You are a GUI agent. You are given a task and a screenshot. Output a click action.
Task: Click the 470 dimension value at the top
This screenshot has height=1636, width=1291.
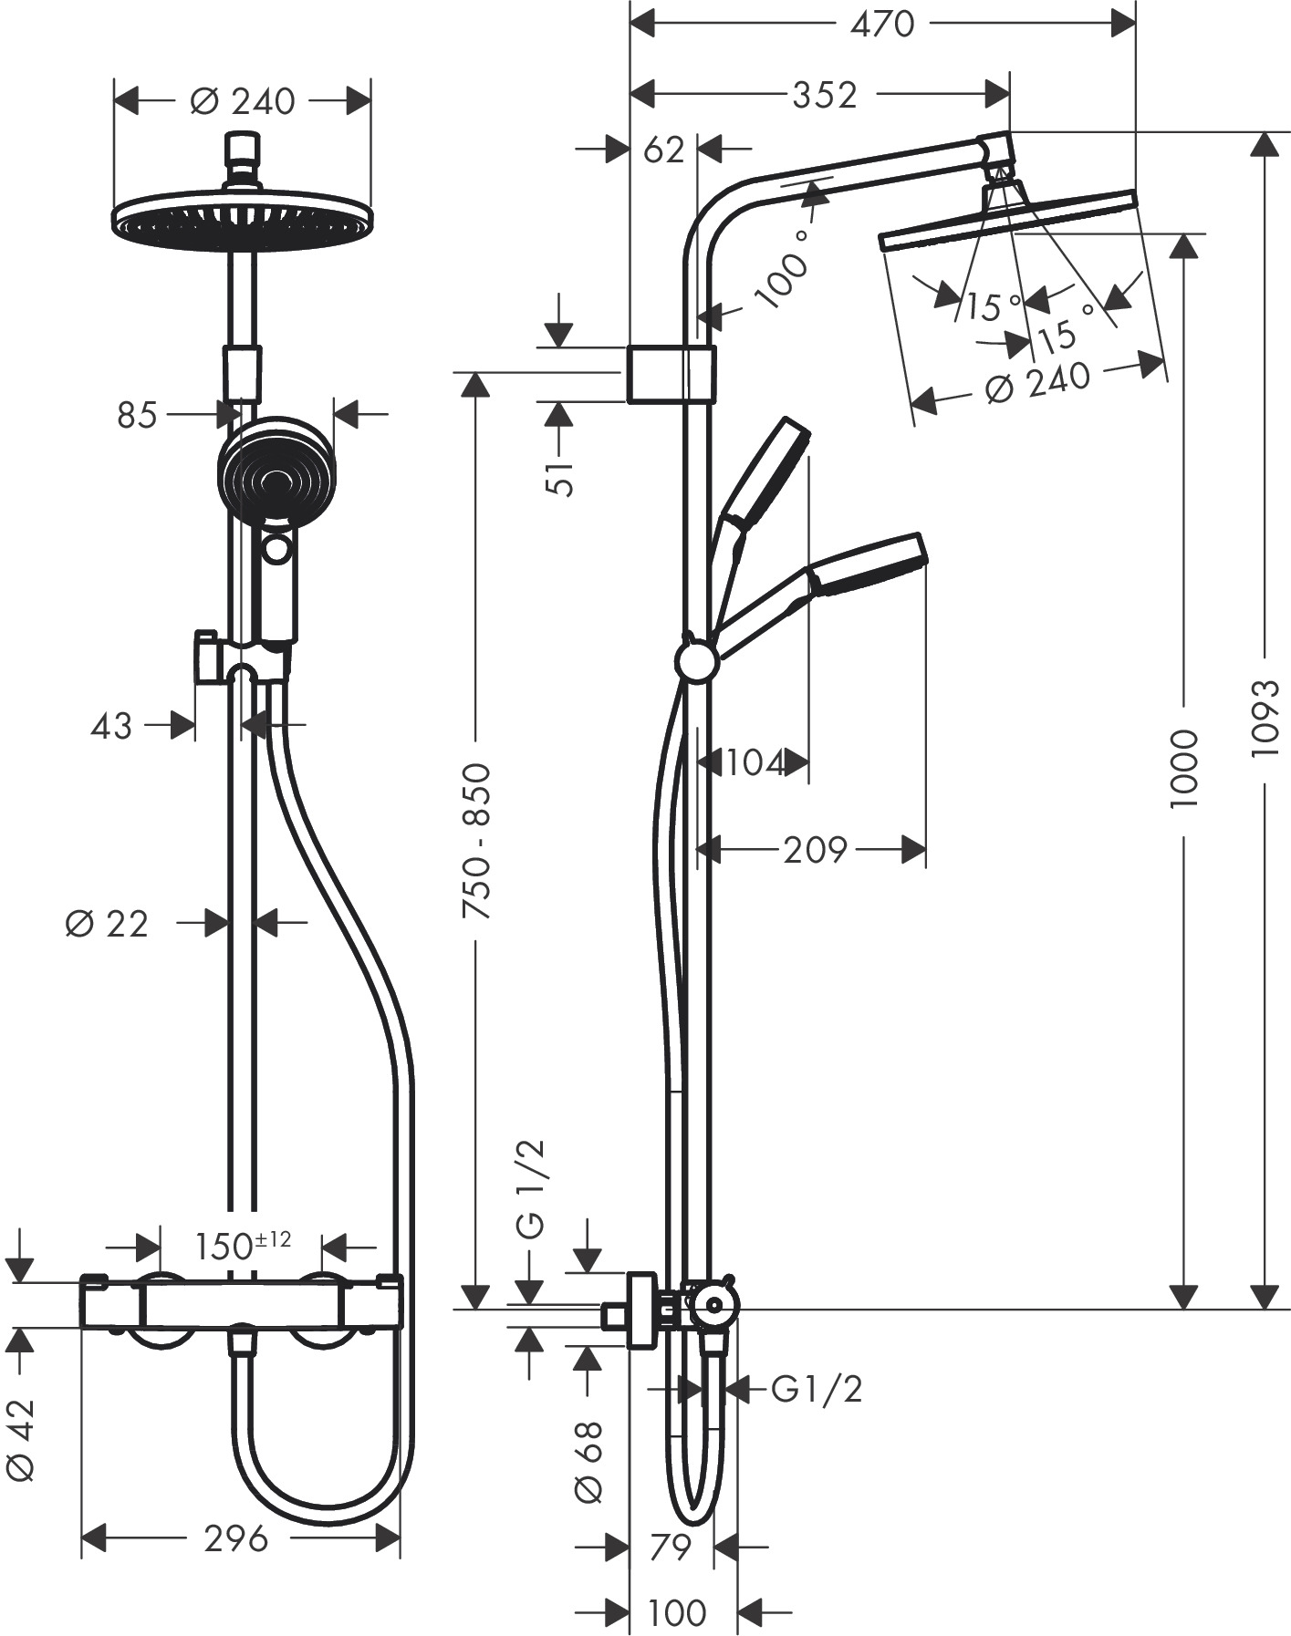point(881,24)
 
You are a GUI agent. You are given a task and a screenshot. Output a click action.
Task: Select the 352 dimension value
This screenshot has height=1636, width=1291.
point(825,94)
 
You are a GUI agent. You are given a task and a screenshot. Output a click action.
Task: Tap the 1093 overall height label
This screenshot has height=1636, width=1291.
point(1265,717)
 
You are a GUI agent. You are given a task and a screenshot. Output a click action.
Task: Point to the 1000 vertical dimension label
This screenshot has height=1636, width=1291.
point(1183,768)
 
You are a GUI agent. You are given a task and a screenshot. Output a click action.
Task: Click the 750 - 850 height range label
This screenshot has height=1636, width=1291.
point(476,840)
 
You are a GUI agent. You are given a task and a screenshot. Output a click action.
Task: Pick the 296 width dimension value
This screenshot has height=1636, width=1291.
point(236,1538)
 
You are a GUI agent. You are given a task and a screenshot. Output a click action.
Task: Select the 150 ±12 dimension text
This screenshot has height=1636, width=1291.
point(244,1246)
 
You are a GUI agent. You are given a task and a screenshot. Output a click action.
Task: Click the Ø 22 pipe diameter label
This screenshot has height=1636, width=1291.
point(106,924)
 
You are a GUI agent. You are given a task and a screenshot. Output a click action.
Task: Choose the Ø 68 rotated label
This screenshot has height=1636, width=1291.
point(588,1461)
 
